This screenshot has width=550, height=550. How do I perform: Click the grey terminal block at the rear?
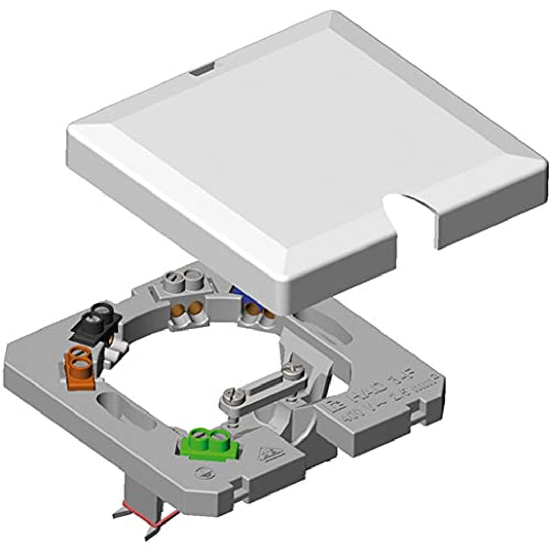[183, 283]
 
